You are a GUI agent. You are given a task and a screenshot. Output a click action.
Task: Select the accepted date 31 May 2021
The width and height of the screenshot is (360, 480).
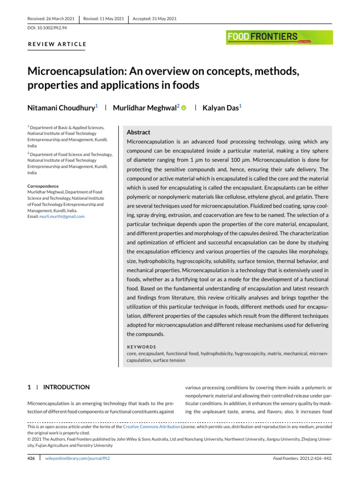click(155, 18)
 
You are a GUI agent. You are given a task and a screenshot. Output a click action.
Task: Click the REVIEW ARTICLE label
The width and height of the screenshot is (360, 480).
click(57, 45)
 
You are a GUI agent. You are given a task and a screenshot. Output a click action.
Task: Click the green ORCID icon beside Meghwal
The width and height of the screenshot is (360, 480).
click(184, 108)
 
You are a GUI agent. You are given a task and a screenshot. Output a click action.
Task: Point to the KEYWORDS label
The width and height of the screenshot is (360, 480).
click(142, 347)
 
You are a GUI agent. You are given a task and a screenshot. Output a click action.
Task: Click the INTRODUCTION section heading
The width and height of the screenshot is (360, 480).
click(66, 387)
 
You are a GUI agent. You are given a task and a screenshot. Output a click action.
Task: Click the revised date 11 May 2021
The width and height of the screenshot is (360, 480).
click(103, 18)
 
